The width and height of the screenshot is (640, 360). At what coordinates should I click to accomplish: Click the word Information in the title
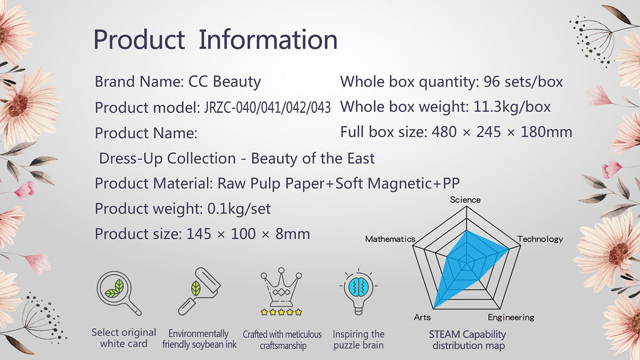click(x=268, y=39)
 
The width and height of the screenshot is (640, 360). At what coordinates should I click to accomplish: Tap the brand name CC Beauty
click(x=224, y=82)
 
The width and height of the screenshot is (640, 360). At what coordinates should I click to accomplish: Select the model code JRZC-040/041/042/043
click(x=267, y=107)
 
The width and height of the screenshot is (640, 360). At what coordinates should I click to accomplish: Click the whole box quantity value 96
click(x=491, y=82)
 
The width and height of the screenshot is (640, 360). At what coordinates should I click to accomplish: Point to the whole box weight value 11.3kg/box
click(x=512, y=107)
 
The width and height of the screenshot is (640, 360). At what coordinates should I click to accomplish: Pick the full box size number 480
click(x=444, y=132)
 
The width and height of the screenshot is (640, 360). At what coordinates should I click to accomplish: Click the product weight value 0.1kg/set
click(x=239, y=209)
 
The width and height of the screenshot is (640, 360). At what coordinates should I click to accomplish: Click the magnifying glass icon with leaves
click(x=119, y=293)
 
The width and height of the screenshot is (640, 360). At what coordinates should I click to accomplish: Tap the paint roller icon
click(x=199, y=291)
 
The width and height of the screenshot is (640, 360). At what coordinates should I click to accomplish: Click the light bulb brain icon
click(x=358, y=291)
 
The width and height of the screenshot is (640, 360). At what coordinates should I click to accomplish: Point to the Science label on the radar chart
click(x=465, y=199)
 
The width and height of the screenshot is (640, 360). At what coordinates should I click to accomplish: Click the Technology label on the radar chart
click(x=540, y=239)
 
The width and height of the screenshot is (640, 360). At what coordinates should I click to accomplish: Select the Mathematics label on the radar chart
click(x=390, y=239)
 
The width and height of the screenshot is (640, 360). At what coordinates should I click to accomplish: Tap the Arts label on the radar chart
click(x=422, y=317)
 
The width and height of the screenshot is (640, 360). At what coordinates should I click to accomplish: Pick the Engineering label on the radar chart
click(x=511, y=317)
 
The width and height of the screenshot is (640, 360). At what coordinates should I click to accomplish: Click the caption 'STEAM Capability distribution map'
click(x=467, y=340)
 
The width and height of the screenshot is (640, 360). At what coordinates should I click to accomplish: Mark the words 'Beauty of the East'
click(x=312, y=158)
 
